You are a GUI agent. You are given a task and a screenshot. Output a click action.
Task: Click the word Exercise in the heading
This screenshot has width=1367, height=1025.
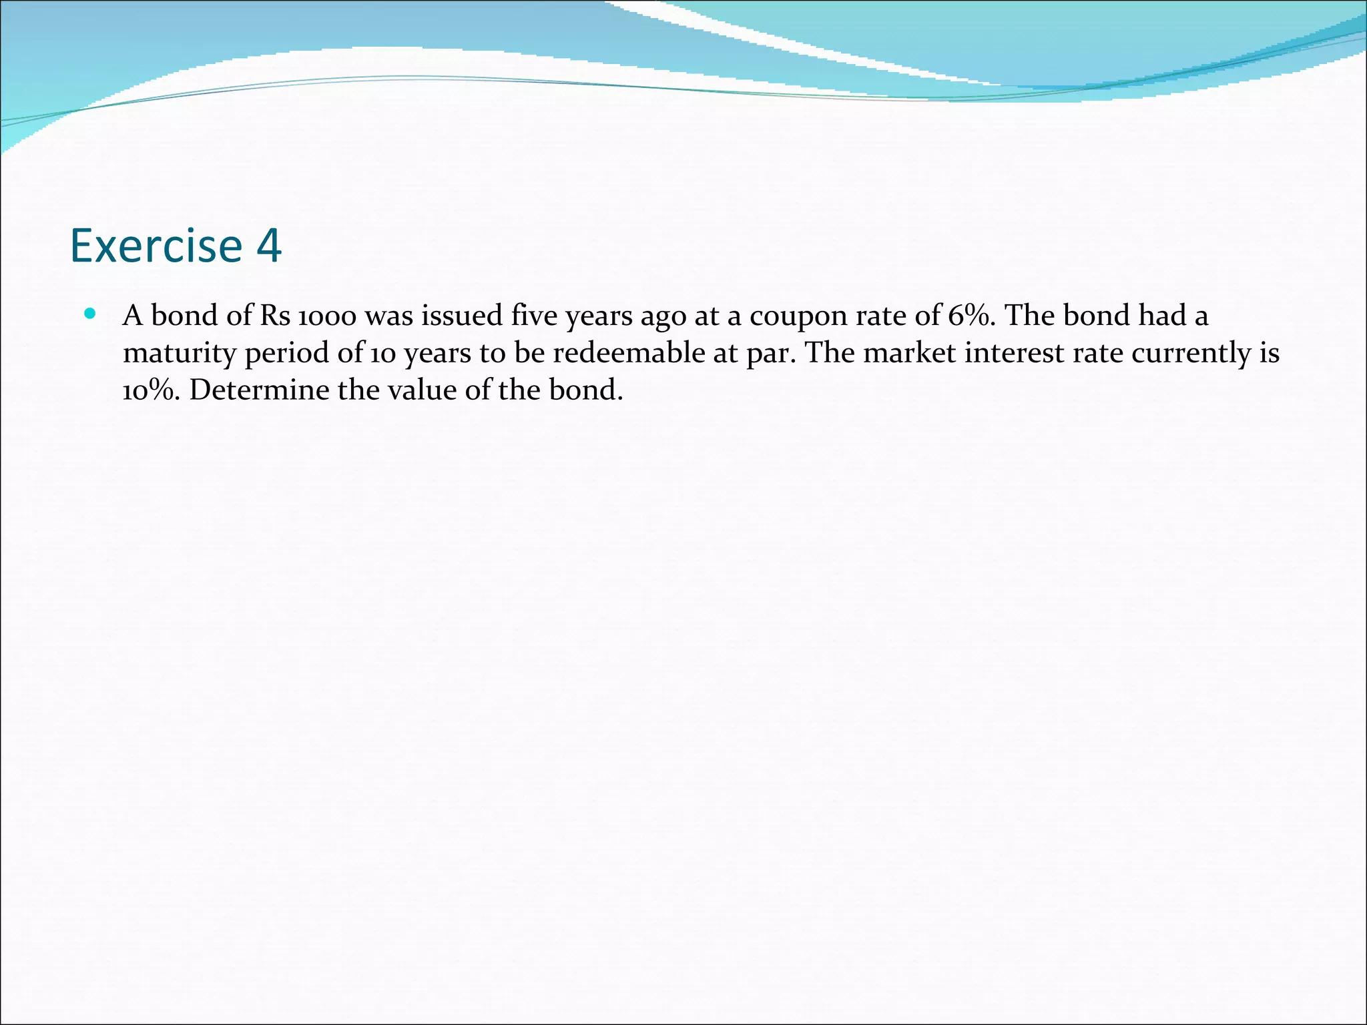(156, 246)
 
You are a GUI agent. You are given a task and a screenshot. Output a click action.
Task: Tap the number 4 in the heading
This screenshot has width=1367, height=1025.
(268, 246)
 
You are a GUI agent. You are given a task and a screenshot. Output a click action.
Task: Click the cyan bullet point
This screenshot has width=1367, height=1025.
(91, 313)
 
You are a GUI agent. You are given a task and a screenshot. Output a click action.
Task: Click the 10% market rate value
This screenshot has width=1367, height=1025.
(151, 390)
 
